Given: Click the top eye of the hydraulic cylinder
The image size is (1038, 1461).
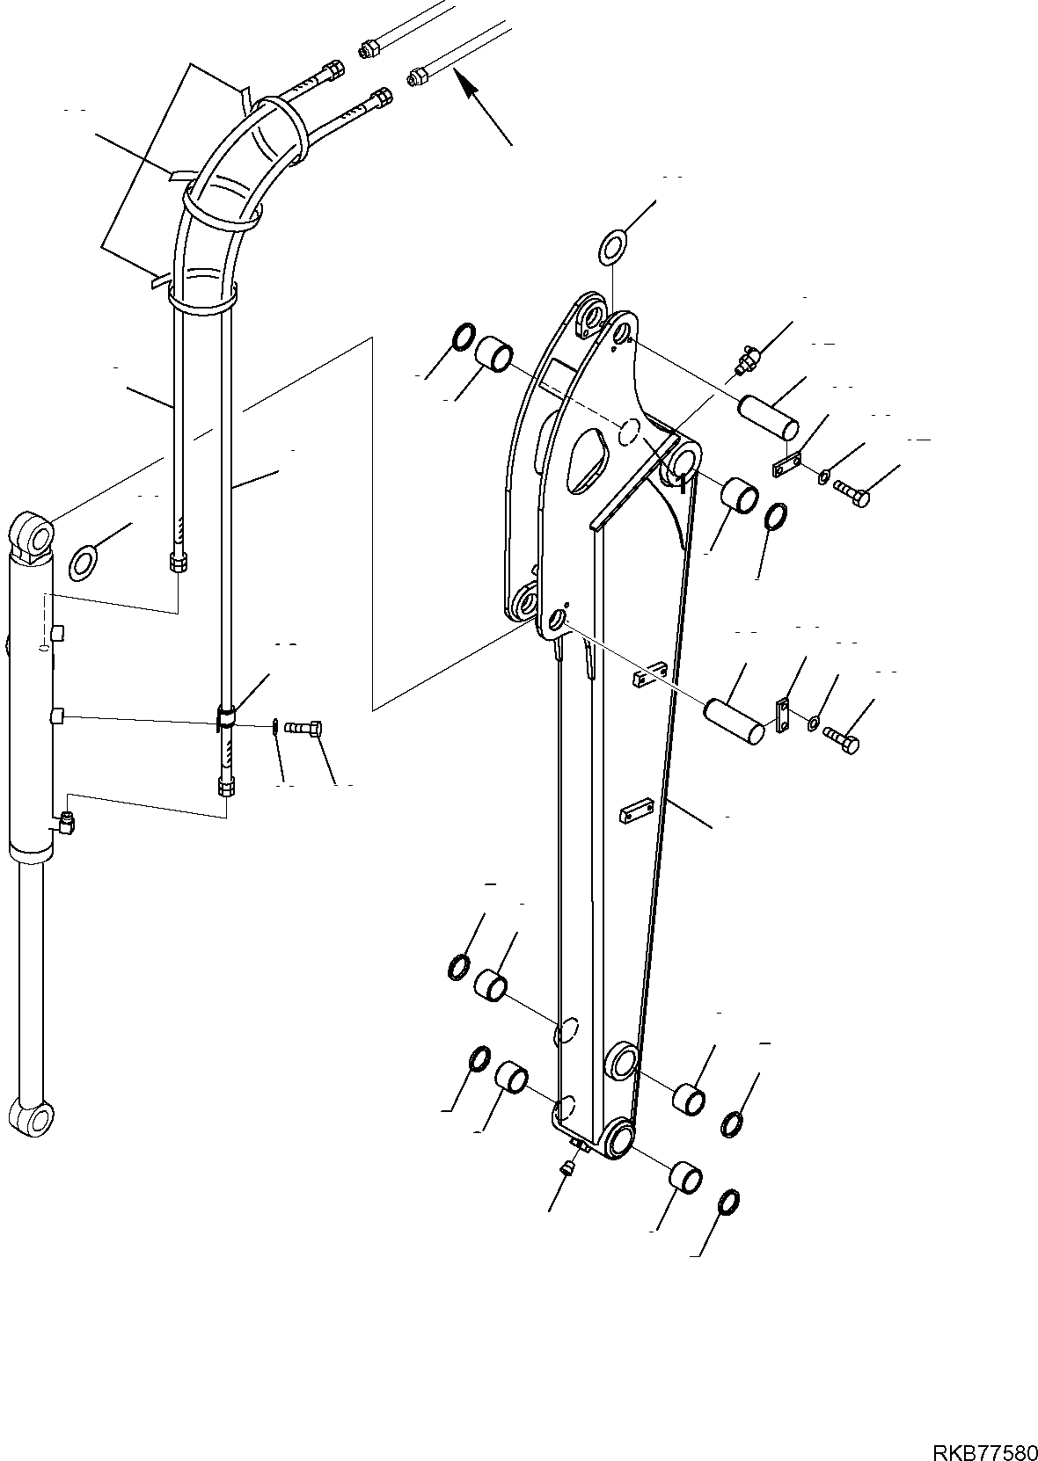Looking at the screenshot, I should pos(33,534).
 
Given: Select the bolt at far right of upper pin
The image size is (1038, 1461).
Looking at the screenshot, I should pos(852,494).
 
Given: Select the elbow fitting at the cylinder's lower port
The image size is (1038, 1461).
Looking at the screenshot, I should pos(67,823).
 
